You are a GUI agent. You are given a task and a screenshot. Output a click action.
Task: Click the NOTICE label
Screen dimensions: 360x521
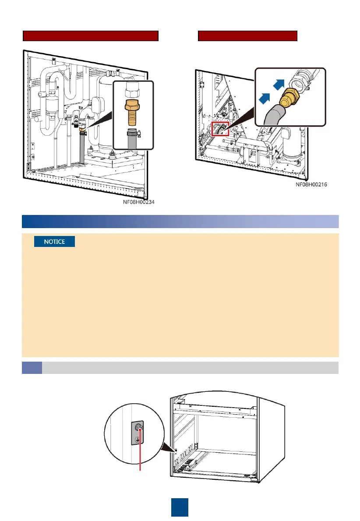54,242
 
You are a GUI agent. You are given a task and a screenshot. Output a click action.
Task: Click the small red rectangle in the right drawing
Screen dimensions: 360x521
220,129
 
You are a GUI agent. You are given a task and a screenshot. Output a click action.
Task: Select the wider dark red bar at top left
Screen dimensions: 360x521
90,36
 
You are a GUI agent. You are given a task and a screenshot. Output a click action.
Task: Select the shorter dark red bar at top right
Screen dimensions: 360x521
247,36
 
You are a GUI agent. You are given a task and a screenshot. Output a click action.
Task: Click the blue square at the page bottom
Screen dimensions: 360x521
180,507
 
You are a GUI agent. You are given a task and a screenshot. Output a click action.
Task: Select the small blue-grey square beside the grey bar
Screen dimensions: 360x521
32,368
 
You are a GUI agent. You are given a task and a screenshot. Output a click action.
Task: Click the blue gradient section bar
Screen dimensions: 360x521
180,222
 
